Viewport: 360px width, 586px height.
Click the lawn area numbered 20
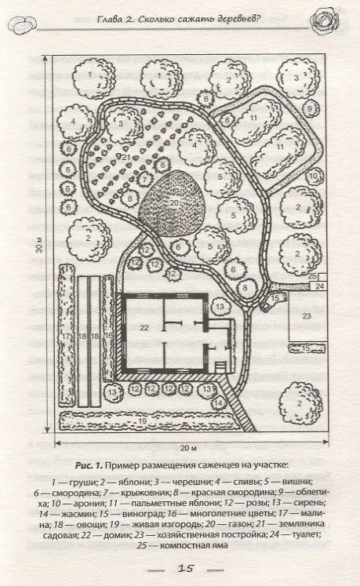[x=173, y=203]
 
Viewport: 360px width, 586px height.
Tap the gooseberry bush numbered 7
[x=144, y=180]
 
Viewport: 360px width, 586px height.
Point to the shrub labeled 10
[x=315, y=176]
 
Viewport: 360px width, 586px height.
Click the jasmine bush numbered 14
[x=219, y=403]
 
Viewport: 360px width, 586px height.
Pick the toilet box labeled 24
[x=318, y=286]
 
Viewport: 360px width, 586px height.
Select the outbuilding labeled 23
[x=307, y=316]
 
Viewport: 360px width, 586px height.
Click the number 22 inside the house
[x=144, y=328]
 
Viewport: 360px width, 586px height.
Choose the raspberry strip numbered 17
[x=66, y=336]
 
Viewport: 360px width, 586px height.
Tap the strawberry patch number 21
[x=126, y=158]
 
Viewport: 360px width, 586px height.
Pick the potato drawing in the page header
[x=23, y=25]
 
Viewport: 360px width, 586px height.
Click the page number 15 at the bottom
[x=185, y=569]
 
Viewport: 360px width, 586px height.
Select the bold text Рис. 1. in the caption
[x=89, y=466]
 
